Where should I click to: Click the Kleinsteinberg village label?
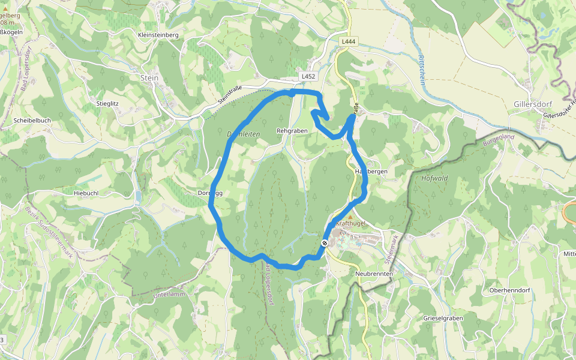[x=158, y=35]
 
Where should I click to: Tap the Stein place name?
[x=149, y=78]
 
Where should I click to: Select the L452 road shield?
[x=308, y=77]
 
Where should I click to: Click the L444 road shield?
[x=347, y=42]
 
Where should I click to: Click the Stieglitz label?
[x=108, y=104]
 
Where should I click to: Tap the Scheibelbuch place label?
[x=32, y=121]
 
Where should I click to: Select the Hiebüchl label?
[x=86, y=193]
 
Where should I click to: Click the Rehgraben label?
[x=292, y=130]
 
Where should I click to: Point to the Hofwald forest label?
[x=435, y=178]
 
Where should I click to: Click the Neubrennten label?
[x=374, y=274]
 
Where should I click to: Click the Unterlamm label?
[x=168, y=295]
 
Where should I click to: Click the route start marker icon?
[x=325, y=243]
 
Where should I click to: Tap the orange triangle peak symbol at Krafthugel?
[x=351, y=217]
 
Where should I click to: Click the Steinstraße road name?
[x=229, y=97]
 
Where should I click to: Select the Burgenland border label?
[x=498, y=142]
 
